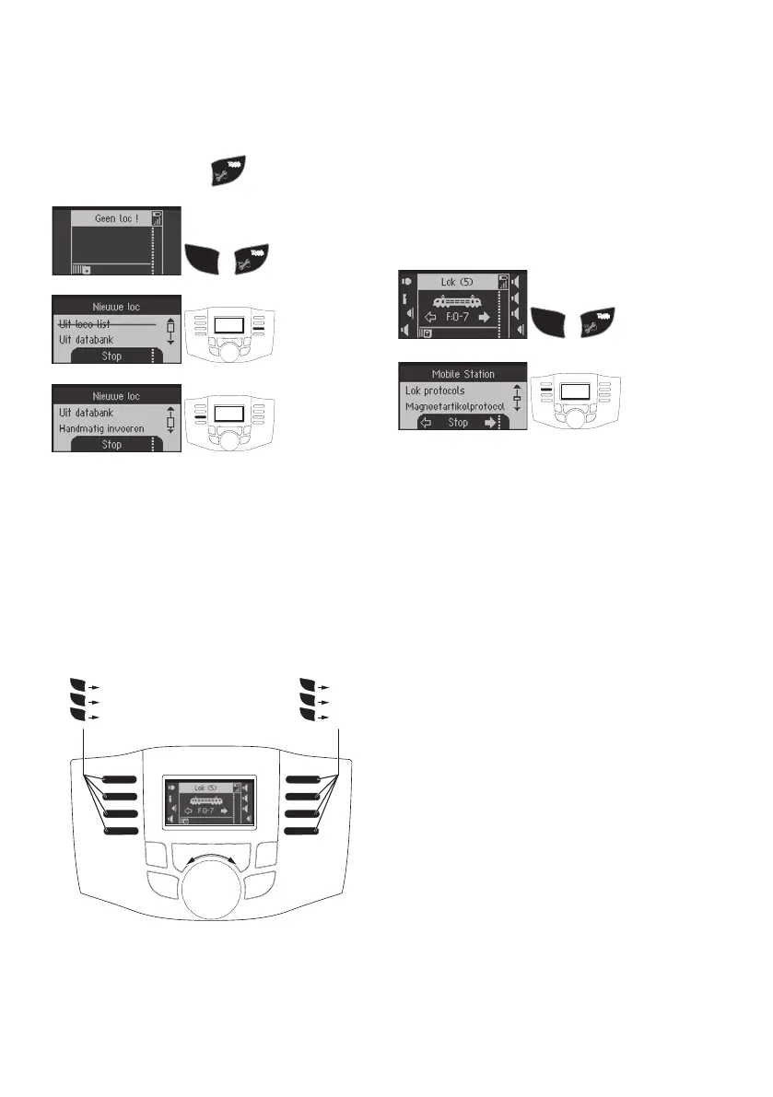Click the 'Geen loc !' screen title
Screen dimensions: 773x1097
pos(111,219)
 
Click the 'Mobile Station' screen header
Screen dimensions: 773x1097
pos(463,374)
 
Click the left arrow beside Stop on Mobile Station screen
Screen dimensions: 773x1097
pos(426,423)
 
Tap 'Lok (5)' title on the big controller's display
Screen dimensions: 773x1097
pos(198,788)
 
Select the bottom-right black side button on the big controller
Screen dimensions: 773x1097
pos(303,831)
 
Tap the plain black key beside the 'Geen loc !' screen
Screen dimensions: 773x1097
pos(205,257)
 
